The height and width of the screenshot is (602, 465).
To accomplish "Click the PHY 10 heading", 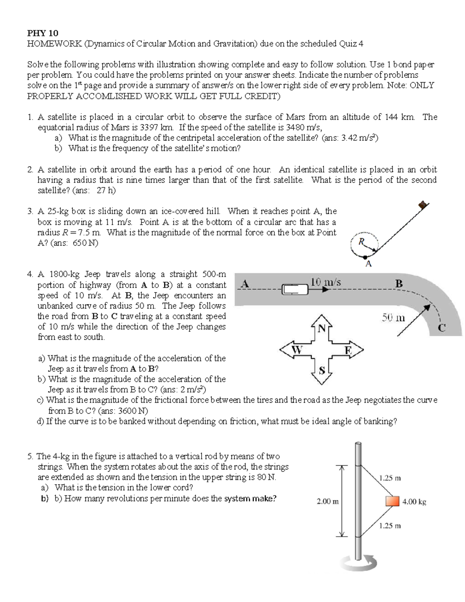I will (42, 33).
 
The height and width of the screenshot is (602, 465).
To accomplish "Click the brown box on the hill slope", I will (424, 204).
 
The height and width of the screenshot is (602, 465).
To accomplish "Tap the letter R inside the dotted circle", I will (361, 241).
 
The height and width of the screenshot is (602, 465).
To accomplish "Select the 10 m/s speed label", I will (325, 282).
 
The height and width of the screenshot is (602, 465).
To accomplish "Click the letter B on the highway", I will (399, 284).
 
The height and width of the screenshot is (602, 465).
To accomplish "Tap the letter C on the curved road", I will (442, 328).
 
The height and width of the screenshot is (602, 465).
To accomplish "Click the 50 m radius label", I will (393, 318).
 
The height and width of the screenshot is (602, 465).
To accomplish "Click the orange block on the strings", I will (392, 501).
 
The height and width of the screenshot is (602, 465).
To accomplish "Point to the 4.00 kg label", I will (414, 502).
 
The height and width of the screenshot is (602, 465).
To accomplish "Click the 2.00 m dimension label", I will (327, 501).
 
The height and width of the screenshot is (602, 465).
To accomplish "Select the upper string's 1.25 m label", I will (390, 478).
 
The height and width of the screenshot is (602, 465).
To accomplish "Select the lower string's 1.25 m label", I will (390, 526).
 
